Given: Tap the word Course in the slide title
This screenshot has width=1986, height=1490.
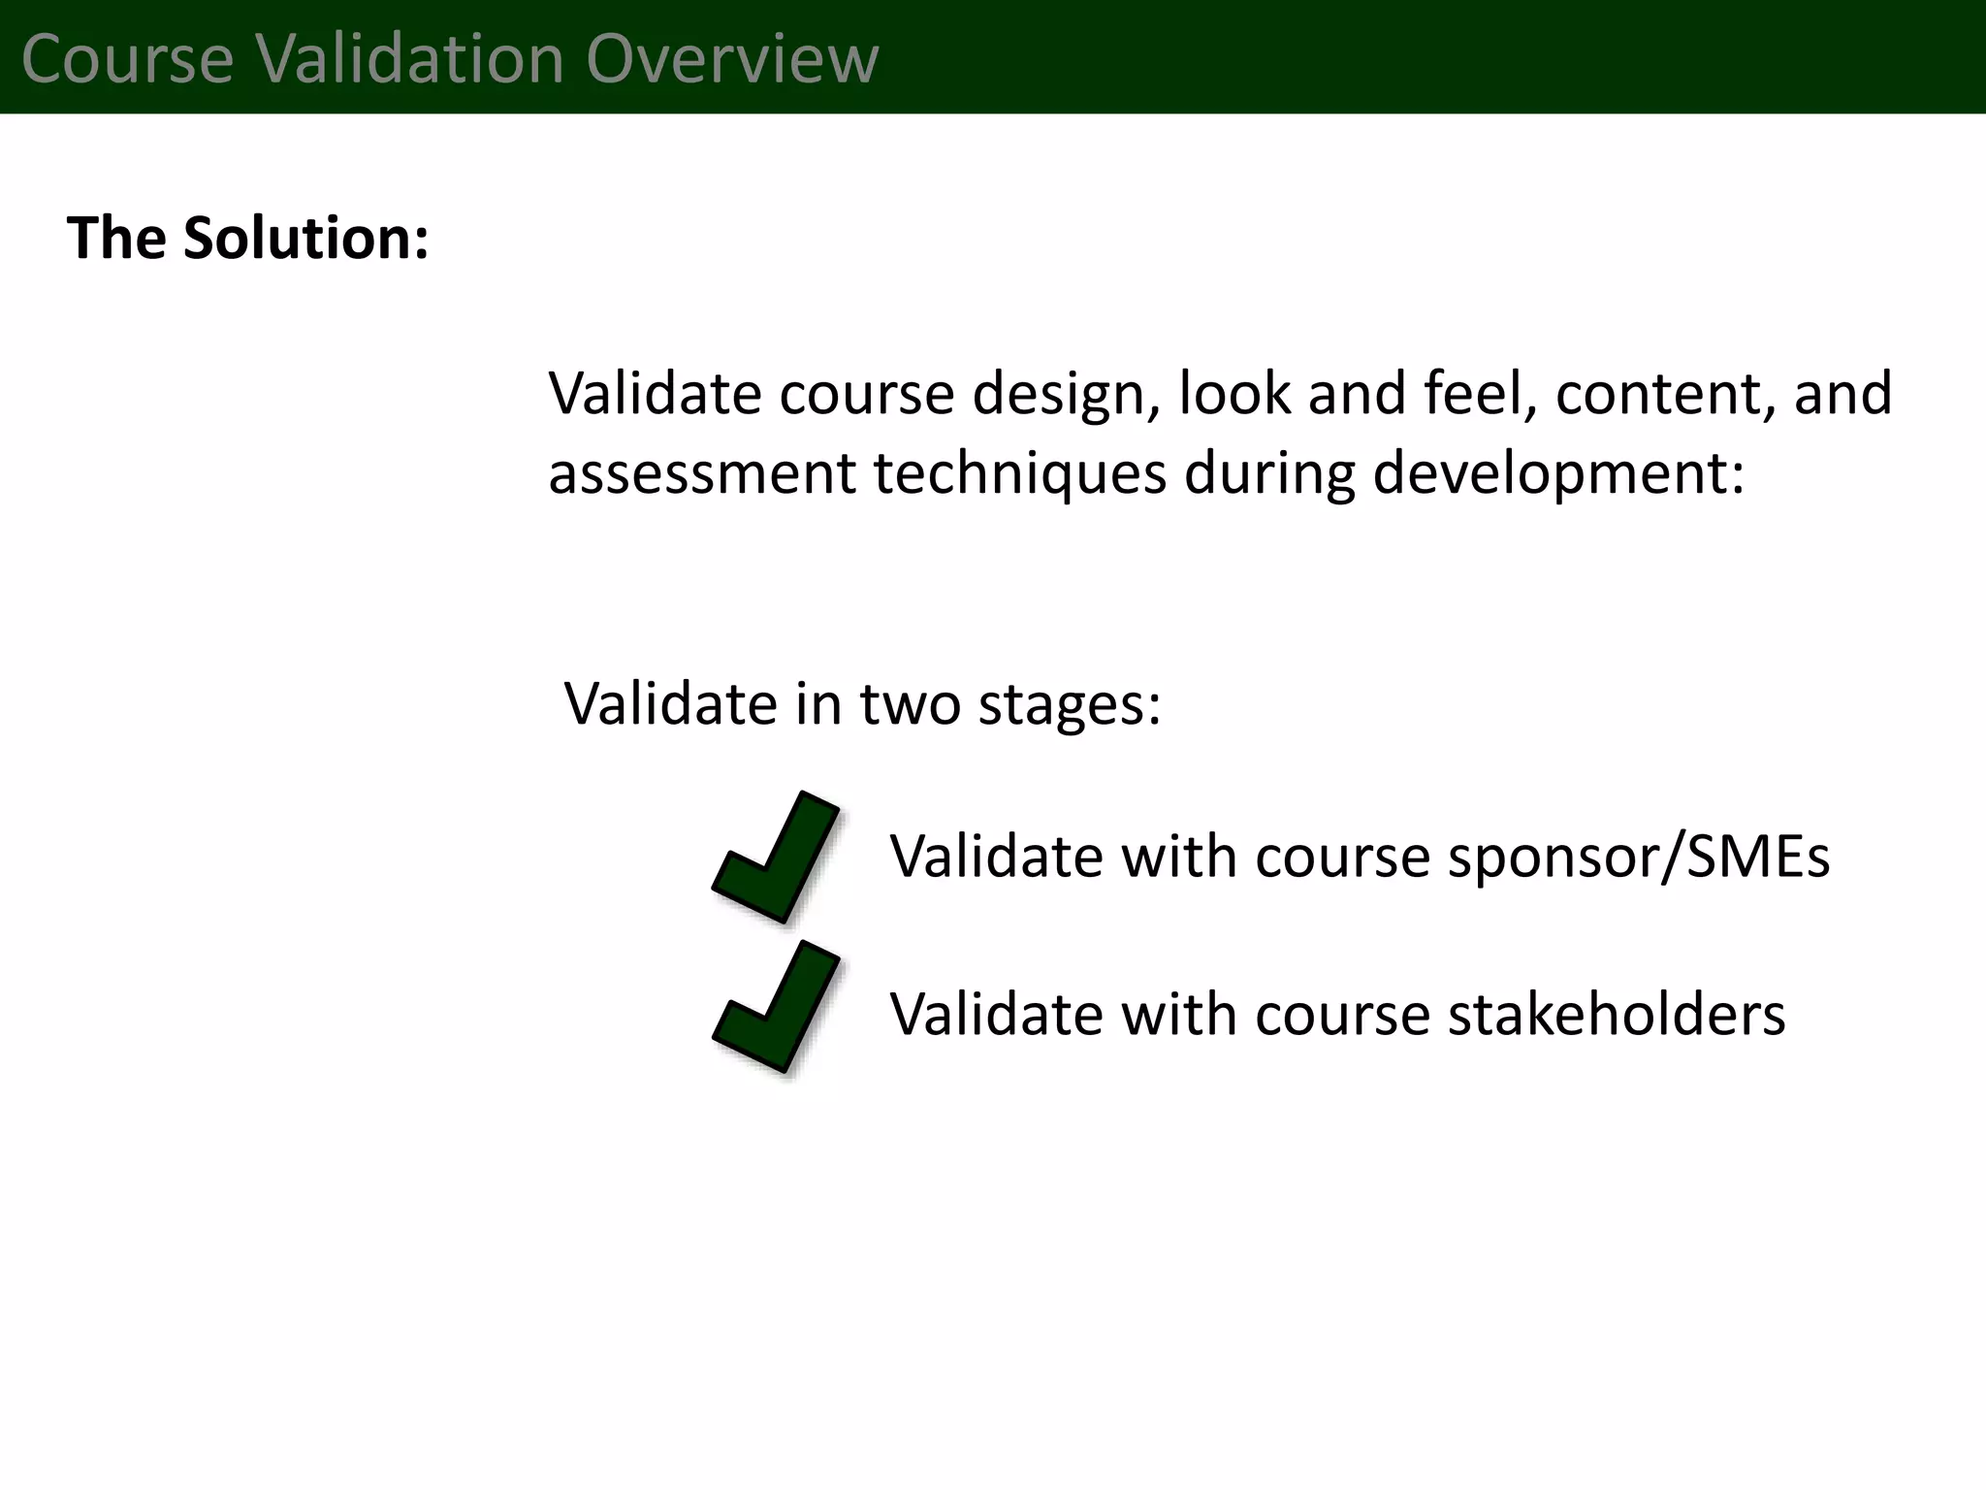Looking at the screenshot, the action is (x=127, y=58).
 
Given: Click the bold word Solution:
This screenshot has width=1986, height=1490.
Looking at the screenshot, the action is (x=306, y=238).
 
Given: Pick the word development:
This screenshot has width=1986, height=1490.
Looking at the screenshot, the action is (x=1558, y=473).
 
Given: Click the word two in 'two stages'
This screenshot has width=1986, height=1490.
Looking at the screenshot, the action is (x=911, y=703).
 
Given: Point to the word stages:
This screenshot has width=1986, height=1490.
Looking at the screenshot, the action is (x=1070, y=703).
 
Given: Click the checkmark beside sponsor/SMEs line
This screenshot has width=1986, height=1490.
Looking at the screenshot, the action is (x=777, y=857).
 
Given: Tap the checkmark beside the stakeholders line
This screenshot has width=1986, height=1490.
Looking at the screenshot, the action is (x=777, y=1007).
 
